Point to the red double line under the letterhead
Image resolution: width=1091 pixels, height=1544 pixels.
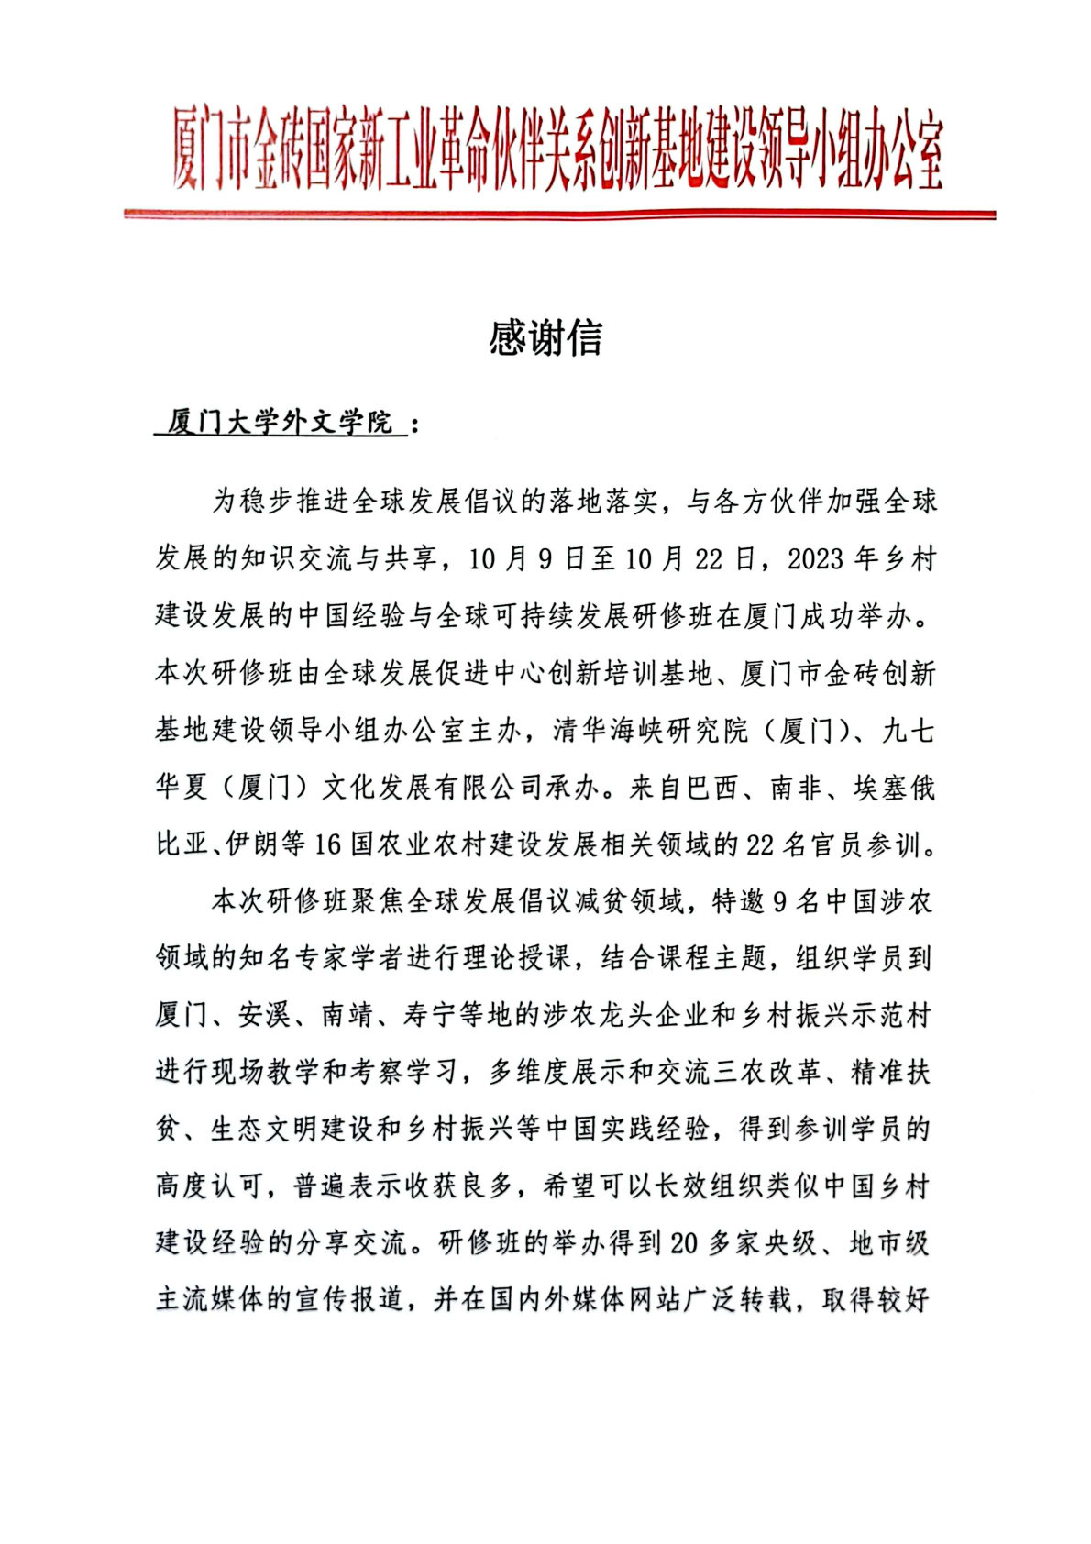pos(559,215)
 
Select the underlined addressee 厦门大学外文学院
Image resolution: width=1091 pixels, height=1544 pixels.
pos(280,423)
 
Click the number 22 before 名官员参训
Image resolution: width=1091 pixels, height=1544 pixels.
pos(761,844)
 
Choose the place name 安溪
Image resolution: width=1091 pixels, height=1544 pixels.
pos(265,1015)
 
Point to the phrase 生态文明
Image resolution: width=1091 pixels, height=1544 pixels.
pos(265,1129)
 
